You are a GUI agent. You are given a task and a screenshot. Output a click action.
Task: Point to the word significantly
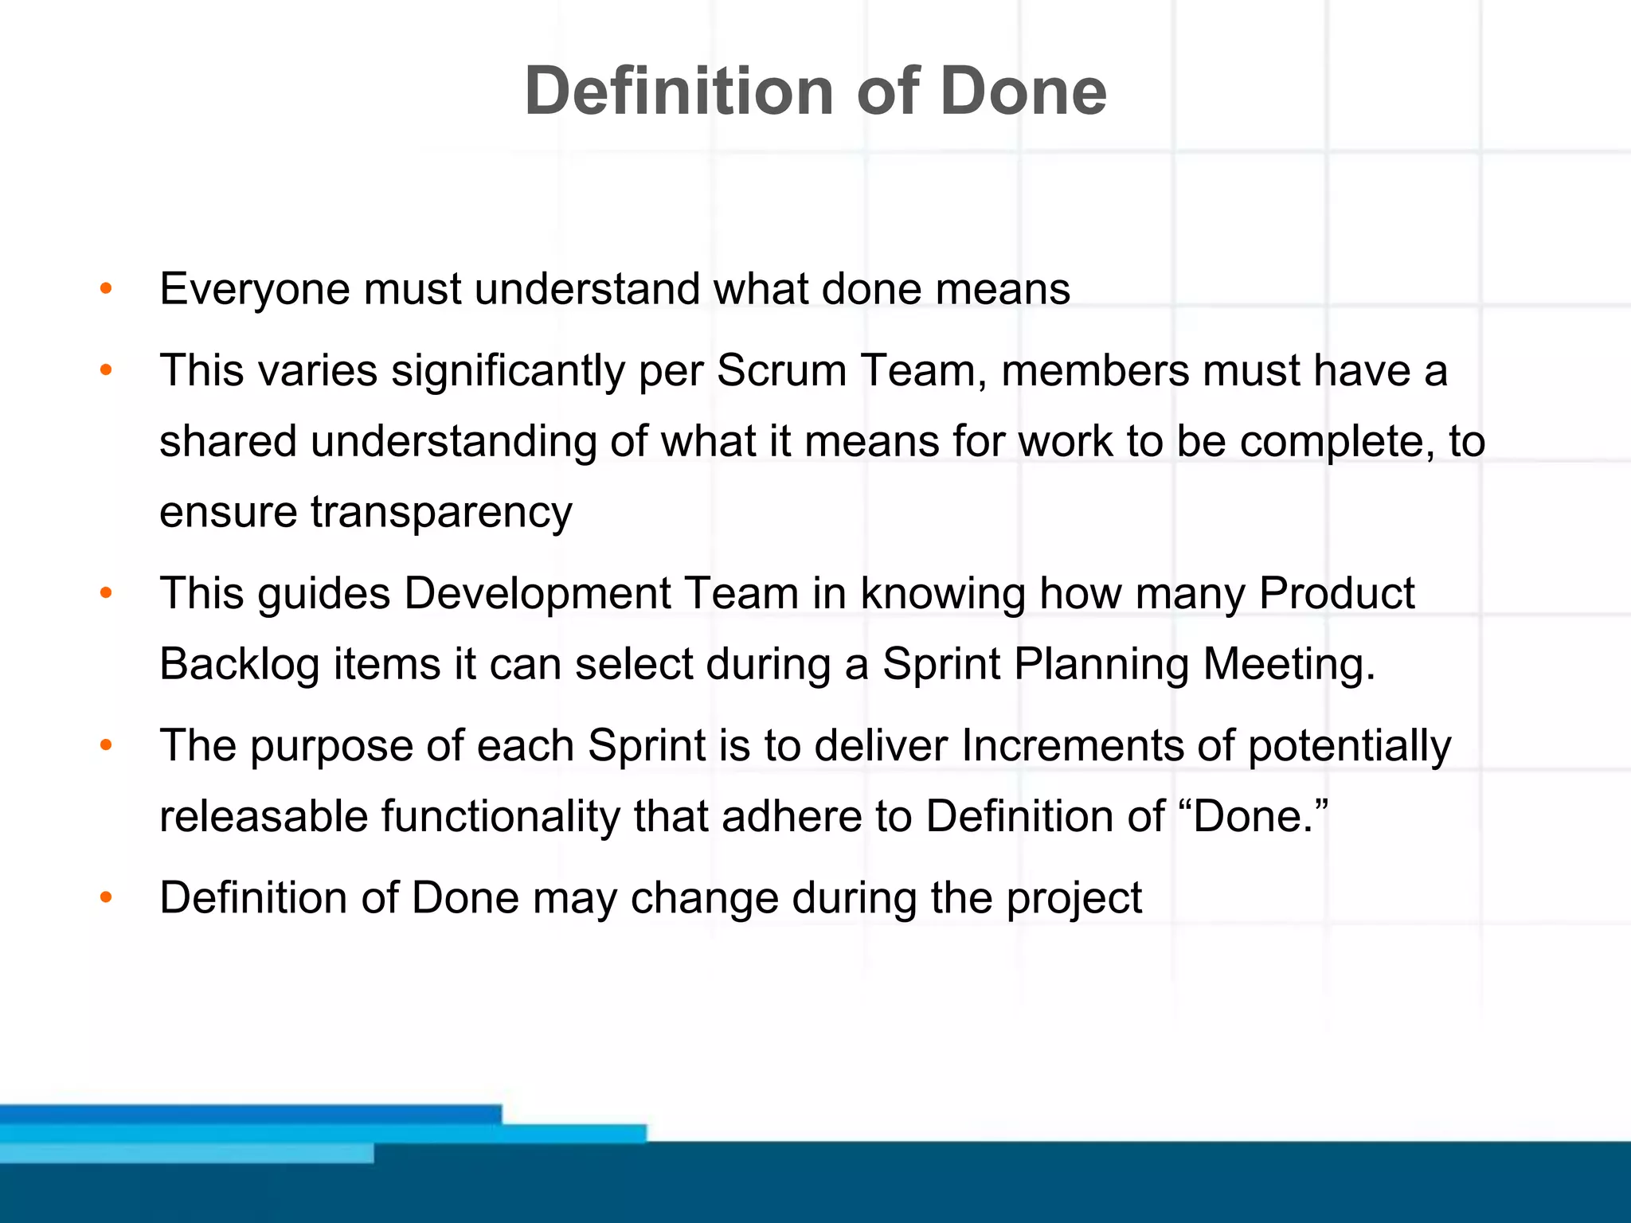pyautogui.click(x=508, y=372)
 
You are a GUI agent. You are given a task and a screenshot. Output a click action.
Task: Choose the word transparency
pyautogui.click(x=441, y=513)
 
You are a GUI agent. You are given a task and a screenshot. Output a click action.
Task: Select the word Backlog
pyautogui.click(x=239, y=665)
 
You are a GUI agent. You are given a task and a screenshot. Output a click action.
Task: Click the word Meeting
pyautogui.click(x=1289, y=665)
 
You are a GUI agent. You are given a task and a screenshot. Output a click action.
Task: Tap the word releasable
pyautogui.click(x=263, y=817)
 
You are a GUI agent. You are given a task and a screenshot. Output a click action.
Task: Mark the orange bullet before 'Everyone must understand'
pyautogui.click(x=106, y=289)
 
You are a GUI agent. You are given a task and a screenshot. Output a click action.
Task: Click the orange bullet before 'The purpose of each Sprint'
pyautogui.click(x=106, y=747)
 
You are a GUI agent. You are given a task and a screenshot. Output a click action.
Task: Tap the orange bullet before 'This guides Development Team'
pyautogui.click(x=106, y=594)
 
